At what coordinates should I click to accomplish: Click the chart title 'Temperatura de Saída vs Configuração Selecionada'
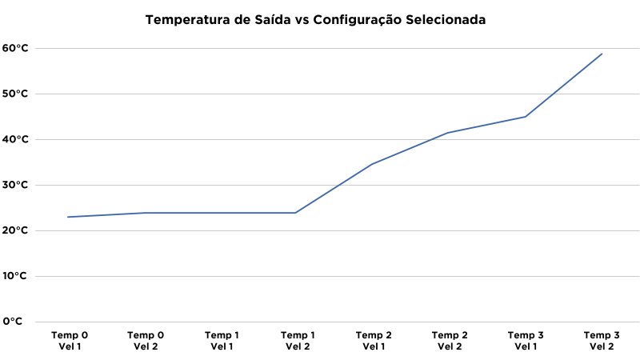point(314,19)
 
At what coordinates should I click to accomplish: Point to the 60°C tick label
point(15,48)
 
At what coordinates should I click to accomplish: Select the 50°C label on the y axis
point(15,94)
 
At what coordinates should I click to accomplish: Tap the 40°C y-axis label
point(15,139)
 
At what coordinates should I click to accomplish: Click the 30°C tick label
point(15,185)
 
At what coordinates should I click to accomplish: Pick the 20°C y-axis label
point(15,230)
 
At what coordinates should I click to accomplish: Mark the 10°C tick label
point(15,276)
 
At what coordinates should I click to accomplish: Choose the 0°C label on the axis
point(12,322)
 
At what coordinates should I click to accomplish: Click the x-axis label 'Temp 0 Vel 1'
point(70,341)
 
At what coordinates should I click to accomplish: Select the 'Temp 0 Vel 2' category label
point(146,341)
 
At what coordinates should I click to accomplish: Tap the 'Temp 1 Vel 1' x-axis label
point(222,341)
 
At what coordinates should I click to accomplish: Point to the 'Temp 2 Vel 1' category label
point(374,341)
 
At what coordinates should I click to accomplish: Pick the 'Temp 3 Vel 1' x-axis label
point(526,341)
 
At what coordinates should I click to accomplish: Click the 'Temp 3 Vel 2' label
point(602,341)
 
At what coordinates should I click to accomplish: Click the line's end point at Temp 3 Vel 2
point(602,54)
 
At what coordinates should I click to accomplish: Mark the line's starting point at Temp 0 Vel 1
point(69,217)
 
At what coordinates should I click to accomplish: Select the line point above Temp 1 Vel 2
point(296,213)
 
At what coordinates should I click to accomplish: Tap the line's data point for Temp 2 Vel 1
point(373,164)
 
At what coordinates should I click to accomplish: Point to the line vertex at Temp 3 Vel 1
point(526,117)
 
